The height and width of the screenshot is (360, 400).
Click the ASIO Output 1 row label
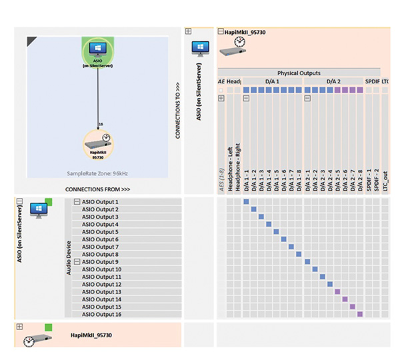(100, 202)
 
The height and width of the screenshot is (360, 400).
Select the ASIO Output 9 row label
(100, 262)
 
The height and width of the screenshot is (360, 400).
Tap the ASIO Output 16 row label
(101, 314)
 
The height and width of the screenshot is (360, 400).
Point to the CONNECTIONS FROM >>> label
(97, 189)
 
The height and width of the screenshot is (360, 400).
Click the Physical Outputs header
(299, 73)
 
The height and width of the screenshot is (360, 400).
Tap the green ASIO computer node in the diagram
(98, 51)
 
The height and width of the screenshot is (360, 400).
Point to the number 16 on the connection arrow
(100, 125)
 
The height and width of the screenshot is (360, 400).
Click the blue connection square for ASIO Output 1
(246, 202)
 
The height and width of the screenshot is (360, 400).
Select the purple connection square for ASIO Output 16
(360, 314)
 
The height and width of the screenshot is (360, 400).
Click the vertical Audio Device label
(67, 257)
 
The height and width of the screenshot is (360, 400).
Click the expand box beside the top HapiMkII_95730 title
(221, 31)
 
